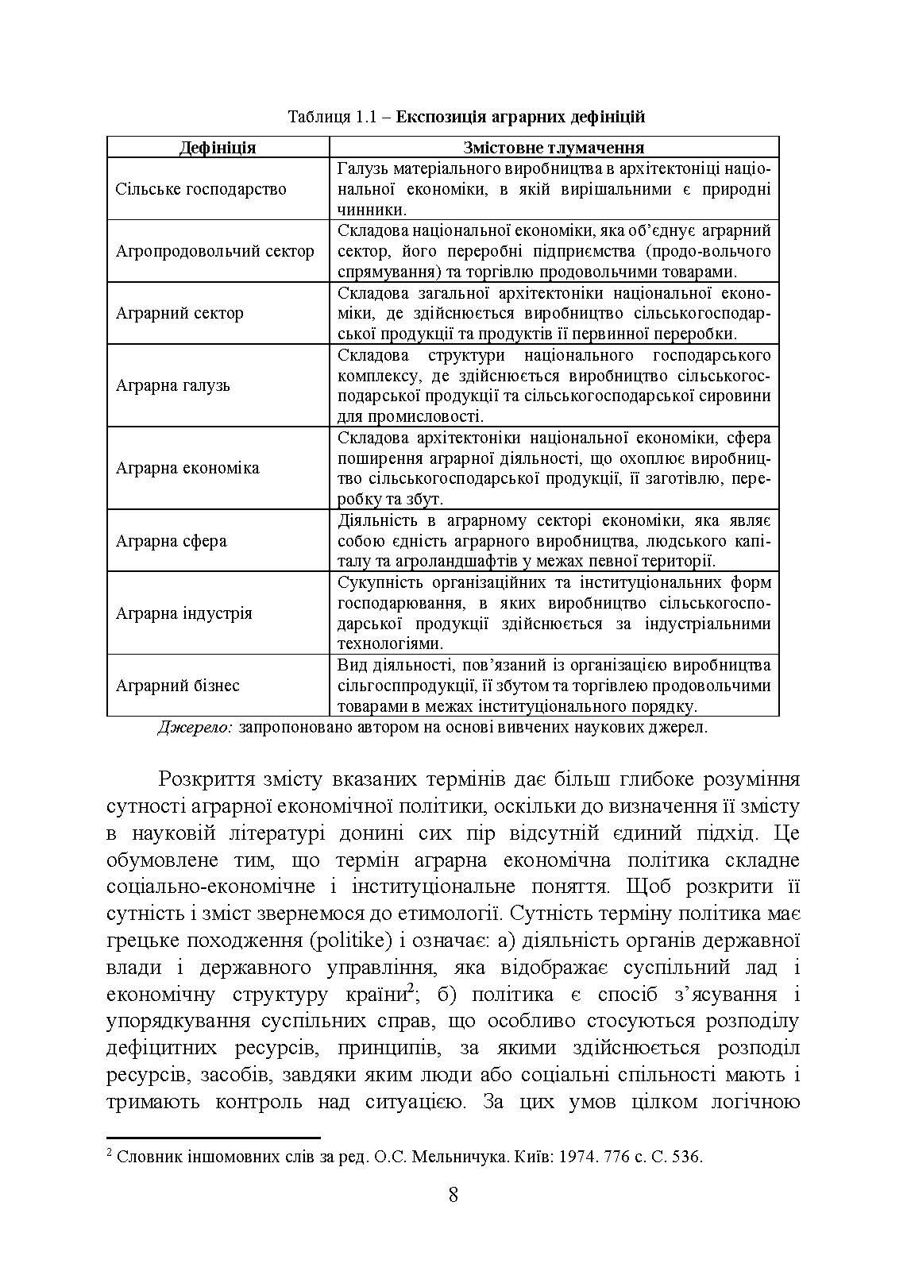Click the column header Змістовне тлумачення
[553, 148]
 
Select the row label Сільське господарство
[200, 189]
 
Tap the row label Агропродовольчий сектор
[214, 252]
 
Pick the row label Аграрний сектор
[179, 313]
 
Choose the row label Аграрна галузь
[173, 386]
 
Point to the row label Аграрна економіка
[187, 468]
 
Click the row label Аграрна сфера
[171, 541]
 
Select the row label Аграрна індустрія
[184, 613]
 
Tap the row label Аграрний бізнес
[177, 686]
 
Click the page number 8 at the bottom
[453, 1217]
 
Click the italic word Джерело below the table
[195, 728]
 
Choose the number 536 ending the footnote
[685, 1157]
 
